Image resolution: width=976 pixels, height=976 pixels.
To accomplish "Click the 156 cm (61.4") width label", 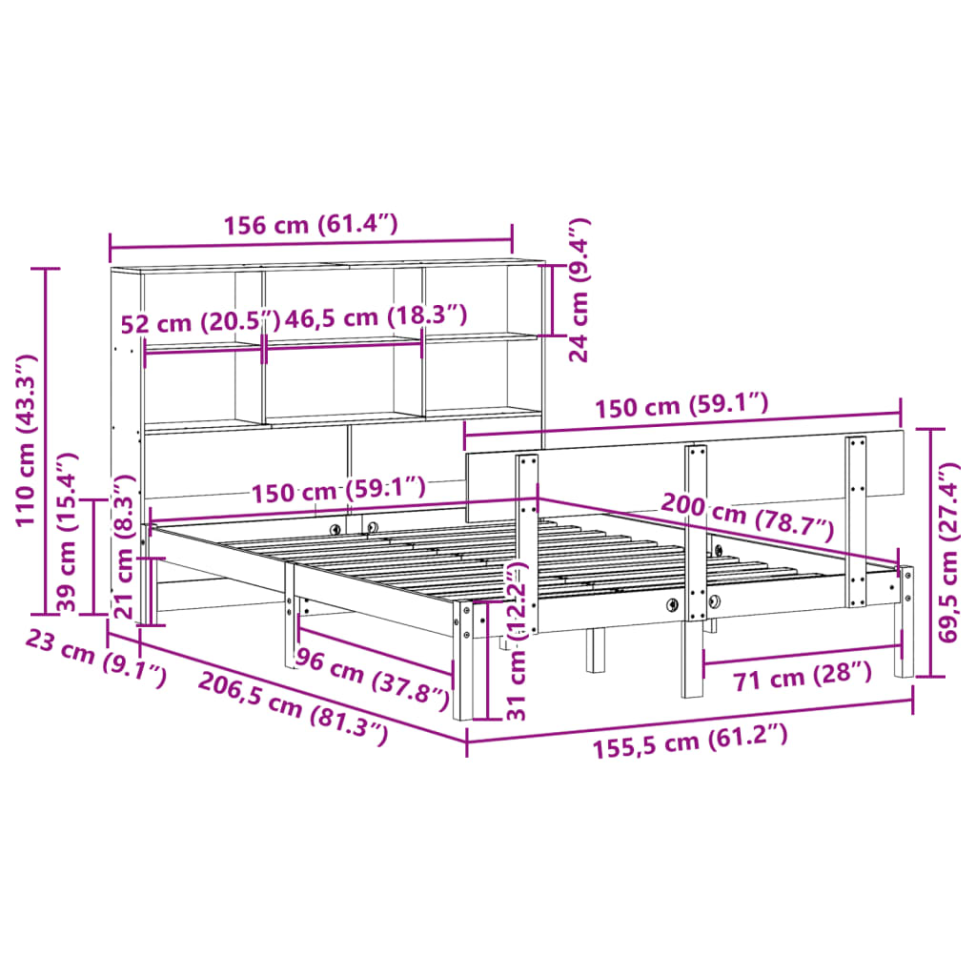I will click(310, 226).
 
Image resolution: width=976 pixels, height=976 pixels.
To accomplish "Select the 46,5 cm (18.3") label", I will click(377, 316).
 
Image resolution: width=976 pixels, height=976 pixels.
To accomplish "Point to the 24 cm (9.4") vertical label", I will click(579, 290).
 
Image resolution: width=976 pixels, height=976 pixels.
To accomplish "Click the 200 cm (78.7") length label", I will click(746, 518).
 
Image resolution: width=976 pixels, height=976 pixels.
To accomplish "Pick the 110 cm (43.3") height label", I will click(27, 439).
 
